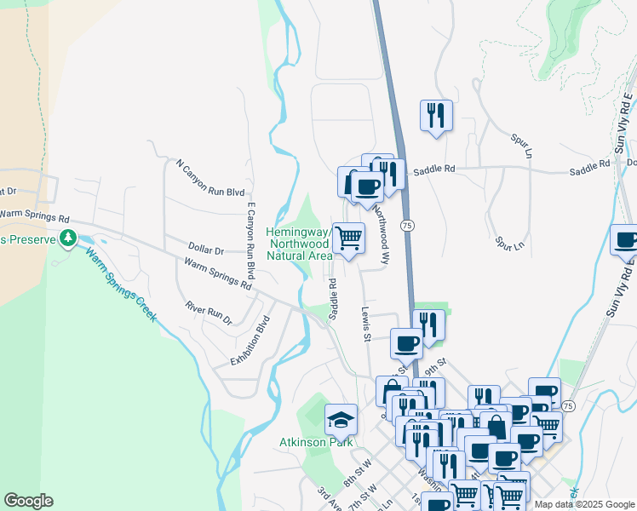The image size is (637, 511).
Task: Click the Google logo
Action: [28, 501]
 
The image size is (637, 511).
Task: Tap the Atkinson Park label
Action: [315, 443]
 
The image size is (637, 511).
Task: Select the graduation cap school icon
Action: [341, 419]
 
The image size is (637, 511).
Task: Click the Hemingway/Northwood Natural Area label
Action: [299, 244]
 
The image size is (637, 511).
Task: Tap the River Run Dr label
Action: [209, 313]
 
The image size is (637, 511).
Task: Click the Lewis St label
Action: [366, 324]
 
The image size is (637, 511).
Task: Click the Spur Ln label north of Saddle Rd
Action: [521, 145]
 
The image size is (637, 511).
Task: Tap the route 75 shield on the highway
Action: [409, 225]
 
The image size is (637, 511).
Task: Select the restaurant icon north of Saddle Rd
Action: [436, 116]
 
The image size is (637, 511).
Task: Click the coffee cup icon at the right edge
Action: [626, 241]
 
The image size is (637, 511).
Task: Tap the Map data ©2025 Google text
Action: [583, 504]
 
